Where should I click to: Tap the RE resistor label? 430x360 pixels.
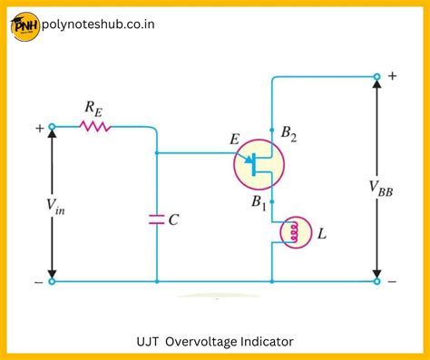click(x=93, y=108)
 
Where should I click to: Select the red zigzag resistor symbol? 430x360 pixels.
click(x=95, y=128)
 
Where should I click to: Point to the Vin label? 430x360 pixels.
click(x=30, y=206)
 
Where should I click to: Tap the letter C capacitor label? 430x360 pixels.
click(x=173, y=219)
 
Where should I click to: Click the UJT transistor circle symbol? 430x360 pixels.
click(x=259, y=165)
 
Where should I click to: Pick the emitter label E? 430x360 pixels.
click(x=235, y=140)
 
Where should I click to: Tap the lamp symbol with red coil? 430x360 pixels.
click(x=293, y=234)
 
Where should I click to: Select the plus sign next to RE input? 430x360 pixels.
click(x=40, y=129)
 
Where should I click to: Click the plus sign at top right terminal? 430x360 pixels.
click(x=393, y=76)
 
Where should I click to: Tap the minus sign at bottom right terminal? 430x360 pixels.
click(x=392, y=282)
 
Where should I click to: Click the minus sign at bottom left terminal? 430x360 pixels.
click(x=38, y=282)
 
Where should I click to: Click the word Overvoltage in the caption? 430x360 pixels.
click(x=209, y=342)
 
